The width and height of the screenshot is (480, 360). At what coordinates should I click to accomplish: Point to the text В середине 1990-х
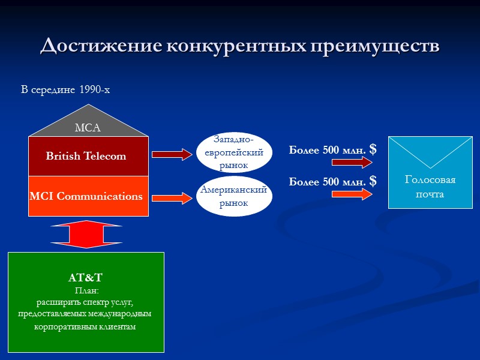[65, 90]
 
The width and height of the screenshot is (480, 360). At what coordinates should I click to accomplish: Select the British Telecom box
[88, 156]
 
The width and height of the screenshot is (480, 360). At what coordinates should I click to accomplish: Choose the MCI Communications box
[88, 196]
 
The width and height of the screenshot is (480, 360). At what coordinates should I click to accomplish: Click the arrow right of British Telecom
[171, 155]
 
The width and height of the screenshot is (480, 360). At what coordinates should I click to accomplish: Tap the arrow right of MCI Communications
[171, 197]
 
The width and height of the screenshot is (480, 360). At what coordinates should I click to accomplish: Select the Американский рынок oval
[234, 196]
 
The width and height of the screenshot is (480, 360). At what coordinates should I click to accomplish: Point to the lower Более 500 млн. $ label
[332, 181]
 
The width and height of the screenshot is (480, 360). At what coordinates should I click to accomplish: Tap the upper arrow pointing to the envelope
[360, 163]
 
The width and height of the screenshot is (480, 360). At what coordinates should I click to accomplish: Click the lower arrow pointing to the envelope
[360, 193]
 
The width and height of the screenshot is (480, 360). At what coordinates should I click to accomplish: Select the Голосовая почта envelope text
[430, 187]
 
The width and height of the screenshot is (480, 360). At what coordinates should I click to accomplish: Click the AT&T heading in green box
[85, 278]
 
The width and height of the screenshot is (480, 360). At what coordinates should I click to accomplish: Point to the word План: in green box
[85, 290]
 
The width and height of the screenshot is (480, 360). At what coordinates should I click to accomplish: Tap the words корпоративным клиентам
[85, 327]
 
